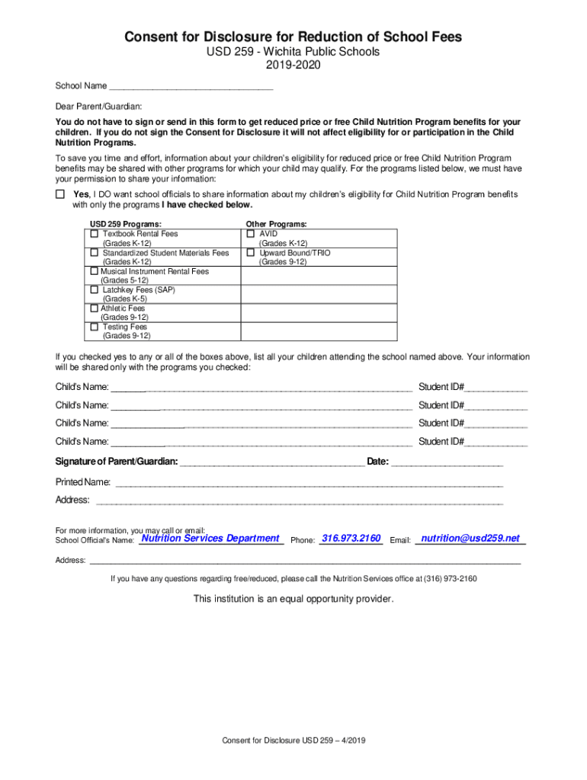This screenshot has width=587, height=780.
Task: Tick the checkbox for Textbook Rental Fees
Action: (x=95, y=234)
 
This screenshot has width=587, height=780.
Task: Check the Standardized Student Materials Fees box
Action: (x=95, y=252)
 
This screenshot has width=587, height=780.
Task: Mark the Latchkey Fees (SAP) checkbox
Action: (x=95, y=289)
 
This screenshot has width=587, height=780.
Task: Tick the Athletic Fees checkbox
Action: (x=93, y=308)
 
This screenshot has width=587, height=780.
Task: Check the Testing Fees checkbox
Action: (x=95, y=327)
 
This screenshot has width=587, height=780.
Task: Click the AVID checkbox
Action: (x=250, y=234)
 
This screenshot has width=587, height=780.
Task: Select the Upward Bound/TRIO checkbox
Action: (x=250, y=252)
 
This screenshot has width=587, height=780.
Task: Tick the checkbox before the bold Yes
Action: (x=60, y=194)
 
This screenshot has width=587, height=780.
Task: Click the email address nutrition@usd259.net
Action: (x=470, y=539)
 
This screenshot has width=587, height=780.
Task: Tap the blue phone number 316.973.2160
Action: (x=351, y=539)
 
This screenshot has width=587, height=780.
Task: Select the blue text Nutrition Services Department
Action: (x=211, y=539)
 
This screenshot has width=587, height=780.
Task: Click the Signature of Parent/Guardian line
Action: (x=271, y=462)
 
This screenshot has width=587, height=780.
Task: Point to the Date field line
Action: (x=447, y=462)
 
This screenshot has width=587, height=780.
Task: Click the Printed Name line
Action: (x=308, y=483)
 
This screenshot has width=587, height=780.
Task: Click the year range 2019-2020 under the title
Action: (x=293, y=66)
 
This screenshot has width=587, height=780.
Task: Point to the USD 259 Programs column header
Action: (x=126, y=224)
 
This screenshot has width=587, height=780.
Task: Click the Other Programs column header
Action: (x=276, y=224)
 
